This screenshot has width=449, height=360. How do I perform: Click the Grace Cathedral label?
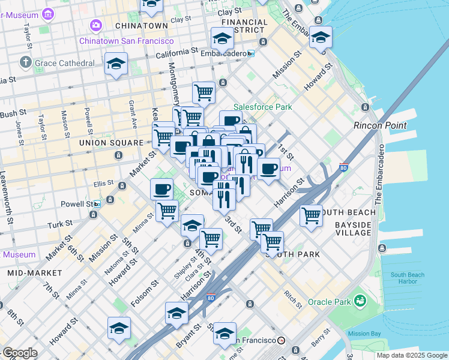65,63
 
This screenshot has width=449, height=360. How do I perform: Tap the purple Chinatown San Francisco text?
127,41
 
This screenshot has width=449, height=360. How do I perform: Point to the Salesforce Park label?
262,107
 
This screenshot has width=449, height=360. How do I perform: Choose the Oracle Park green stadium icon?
360,300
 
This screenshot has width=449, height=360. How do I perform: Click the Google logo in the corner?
19,353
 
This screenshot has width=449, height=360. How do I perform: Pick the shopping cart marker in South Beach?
311,215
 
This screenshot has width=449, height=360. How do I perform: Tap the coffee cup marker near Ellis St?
161,189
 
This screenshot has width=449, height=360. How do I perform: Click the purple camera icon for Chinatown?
95,25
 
